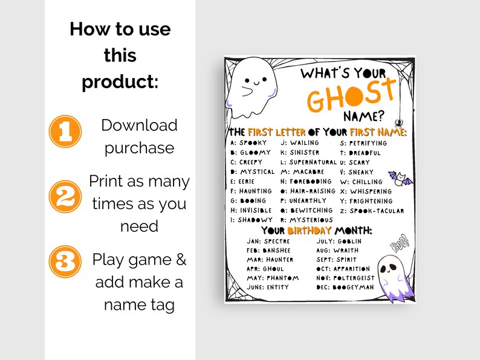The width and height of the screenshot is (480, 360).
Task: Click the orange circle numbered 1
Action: [x=65, y=132]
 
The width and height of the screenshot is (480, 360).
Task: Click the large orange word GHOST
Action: [x=347, y=96]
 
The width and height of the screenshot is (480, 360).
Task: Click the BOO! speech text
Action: [x=400, y=244]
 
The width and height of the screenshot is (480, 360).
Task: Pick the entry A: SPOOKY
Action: [x=248, y=143]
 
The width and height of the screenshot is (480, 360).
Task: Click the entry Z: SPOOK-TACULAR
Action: [x=372, y=211]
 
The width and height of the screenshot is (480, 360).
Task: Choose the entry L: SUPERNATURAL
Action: [x=308, y=162]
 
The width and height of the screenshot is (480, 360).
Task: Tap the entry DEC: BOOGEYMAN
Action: [x=345, y=288]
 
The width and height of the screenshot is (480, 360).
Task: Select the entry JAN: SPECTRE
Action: [x=268, y=241]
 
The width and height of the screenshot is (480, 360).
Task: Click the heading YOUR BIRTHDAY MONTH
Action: [x=316, y=231]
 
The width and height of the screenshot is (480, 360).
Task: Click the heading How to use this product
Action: [x=120, y=55]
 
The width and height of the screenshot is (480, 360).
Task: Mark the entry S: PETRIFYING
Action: [x=363, y=144]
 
